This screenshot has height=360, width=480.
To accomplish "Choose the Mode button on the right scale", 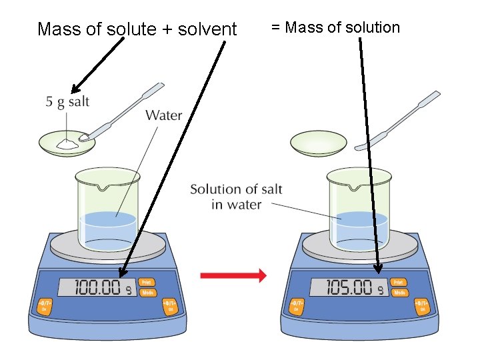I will [x=399, y=293].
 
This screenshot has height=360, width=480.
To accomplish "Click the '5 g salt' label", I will [x=67, y=102].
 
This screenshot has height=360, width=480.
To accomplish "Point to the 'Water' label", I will [x=163, y=115].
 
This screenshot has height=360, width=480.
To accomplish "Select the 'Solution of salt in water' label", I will [x=236, y=197].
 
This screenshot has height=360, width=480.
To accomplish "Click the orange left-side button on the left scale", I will [x=45, y=306].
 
